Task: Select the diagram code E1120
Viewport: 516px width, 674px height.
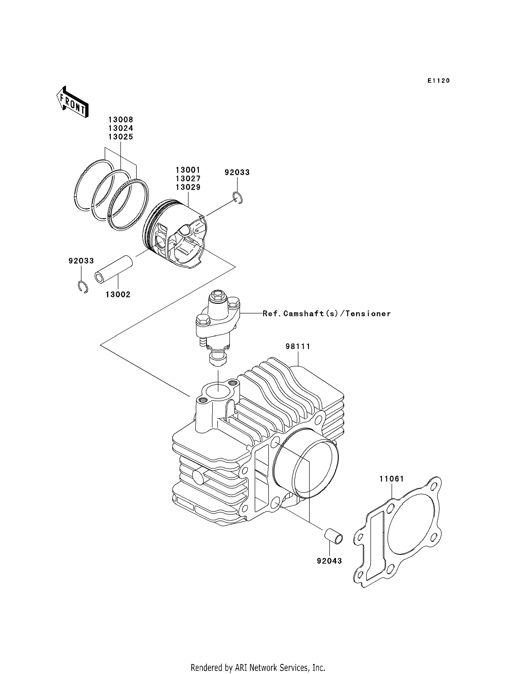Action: coord(439,81)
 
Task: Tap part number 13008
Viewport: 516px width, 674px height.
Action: coord(120,120)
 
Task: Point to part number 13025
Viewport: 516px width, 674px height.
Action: coord(120,137)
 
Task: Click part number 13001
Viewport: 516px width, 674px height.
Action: coord(188,170)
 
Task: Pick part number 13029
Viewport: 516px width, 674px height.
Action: coord(188,187)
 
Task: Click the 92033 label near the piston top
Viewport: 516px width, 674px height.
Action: coord(237,172)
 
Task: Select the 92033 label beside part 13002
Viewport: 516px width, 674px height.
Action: coord(81,261)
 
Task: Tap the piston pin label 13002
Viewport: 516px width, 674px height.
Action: coord(118,294)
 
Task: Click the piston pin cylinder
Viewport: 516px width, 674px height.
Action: coord(114,269)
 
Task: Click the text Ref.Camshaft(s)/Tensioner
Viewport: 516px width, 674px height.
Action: coord(327,313)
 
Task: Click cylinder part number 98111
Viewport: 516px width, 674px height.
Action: coord(298,346)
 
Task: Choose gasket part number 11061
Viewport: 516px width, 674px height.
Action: coord(392,479)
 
